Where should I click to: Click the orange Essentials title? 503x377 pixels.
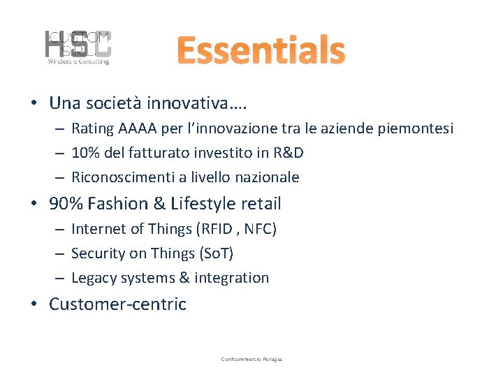coord(261,51)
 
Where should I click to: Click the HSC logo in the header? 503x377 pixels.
coord(78,47)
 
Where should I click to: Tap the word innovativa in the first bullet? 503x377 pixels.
coord(195,103)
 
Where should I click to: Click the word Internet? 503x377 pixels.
coord(98,229)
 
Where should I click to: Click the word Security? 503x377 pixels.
coord(98,253)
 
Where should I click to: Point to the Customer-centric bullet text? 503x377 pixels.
coord(117,304)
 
